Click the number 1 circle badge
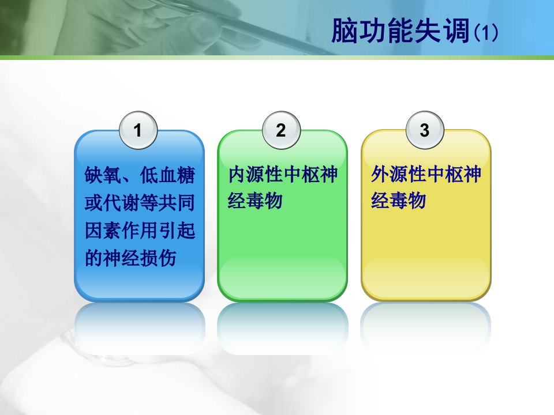click(138, 130)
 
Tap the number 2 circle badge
click(281, 130)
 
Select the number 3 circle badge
click(425, 130)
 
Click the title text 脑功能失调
click(400, 31)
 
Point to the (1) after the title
click(486, 33)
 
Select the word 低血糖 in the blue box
click(167, 175)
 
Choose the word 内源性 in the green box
click(256, 175)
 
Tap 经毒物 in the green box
click(255, 201)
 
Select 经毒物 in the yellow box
click(399, 201)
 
